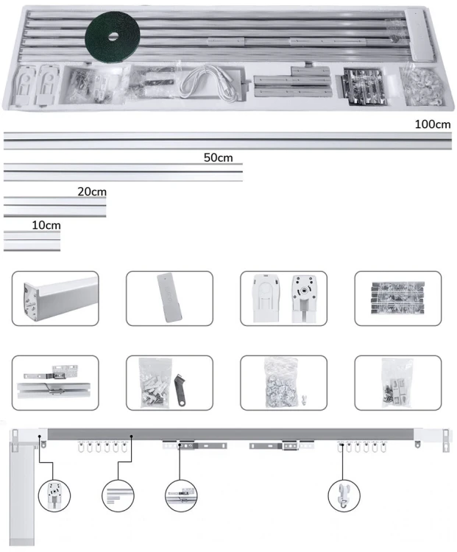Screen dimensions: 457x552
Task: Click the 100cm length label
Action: (433, 124)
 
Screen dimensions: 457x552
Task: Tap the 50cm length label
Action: (219, 158)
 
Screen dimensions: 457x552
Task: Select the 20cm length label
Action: (92, 191)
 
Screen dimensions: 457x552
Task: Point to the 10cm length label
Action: (46, 225)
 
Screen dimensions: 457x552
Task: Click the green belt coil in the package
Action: (113, 37)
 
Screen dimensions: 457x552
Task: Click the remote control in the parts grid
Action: (169, 298)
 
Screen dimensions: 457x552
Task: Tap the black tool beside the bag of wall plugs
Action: (180, 389)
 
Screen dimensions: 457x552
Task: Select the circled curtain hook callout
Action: (344, 495)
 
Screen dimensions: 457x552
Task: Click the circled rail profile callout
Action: (118, 495)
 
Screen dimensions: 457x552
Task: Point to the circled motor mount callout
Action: (54, 495)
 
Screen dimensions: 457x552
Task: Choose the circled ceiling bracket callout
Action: (181, 495)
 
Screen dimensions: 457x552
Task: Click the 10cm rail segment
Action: (32, 241)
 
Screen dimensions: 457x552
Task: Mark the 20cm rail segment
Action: (55, 207)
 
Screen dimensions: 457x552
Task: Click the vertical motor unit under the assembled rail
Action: (23, 493)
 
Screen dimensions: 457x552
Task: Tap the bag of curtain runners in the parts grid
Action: (282, 383)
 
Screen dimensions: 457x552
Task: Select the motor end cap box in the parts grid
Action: (55, 299)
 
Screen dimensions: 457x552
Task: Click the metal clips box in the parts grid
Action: (398, 298)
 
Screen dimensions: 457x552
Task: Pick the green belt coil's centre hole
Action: (113, 37)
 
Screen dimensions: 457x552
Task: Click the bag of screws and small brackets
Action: (397, 383)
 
